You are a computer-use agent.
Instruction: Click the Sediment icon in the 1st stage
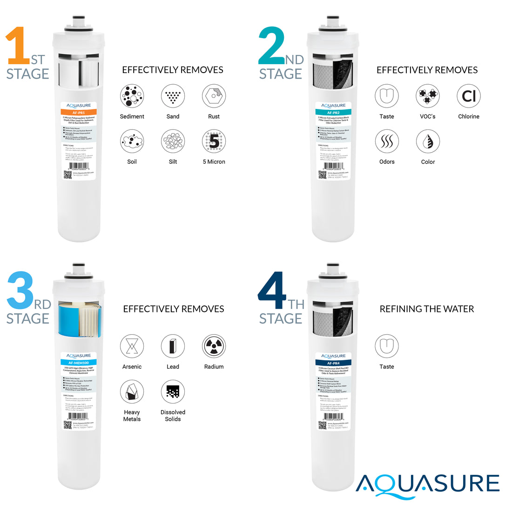coord(132,96)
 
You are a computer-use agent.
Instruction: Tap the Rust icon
coord(214,96)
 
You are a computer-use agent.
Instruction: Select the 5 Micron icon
coord(214,141)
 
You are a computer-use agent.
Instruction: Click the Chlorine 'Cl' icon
coord(468,96)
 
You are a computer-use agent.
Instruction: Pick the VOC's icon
coord(427,96)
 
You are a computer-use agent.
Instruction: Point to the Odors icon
coord(386,141)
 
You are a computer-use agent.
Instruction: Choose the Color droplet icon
coord(427,141)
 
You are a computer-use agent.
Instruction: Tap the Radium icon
coord(214,346)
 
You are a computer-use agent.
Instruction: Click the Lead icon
coord(173,346)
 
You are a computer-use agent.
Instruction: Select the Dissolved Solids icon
coord(173,392)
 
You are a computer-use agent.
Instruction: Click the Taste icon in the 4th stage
coord(386,346)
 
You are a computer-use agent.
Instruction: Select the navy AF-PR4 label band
coord(333,363)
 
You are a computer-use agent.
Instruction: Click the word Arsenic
coord(132,367)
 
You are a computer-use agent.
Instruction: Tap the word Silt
coord(173,162)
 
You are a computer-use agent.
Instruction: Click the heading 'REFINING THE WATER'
coord(427,309)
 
